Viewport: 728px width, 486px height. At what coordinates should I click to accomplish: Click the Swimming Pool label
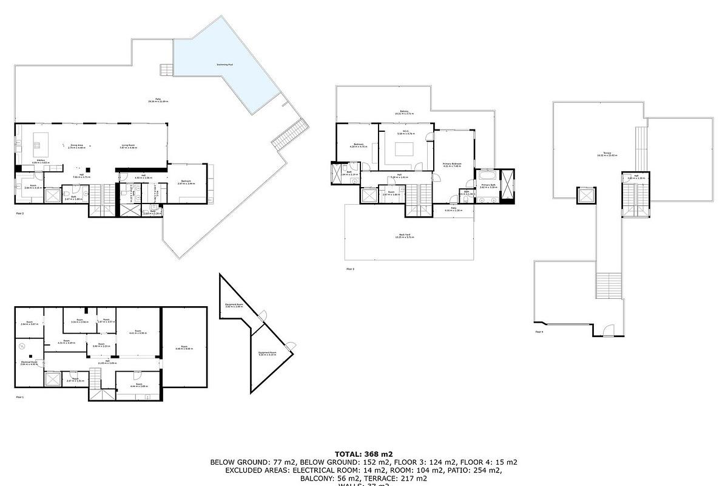pyautogui.click(x=225, y=65)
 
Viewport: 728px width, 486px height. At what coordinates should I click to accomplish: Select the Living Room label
pyautogui.click(x=127, y=145)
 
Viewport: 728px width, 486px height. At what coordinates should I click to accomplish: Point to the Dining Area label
pyautogui.click(x=77, y=145)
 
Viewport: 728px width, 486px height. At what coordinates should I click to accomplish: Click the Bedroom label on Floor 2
pyautogui.click(x=187, y=182)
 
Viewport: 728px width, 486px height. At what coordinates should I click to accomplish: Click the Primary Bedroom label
pyautogui.click(x=452, y=165)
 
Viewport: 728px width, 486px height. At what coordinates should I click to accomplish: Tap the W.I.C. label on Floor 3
pyautogui.click(x=406, y=131)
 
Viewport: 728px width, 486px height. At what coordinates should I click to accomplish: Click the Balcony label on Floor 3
pyautogui.click(x=404, y=112)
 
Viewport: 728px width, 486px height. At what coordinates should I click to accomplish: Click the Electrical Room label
pyautogui.click(x=29, y=363)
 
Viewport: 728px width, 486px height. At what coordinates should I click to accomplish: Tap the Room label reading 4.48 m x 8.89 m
pyautogui.click(x=184, y=348)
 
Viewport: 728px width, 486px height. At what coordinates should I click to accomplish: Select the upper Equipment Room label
pyautogui.click(x=234, y=306)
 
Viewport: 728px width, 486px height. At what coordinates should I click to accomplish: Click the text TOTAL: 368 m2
pyautogui.click(x=363, y=454)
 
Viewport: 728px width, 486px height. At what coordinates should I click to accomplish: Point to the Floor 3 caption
pyautogui.click(x=350, y=269)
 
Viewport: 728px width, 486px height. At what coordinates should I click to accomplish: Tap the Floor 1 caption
pyautogui.click(x=19, y=397)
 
